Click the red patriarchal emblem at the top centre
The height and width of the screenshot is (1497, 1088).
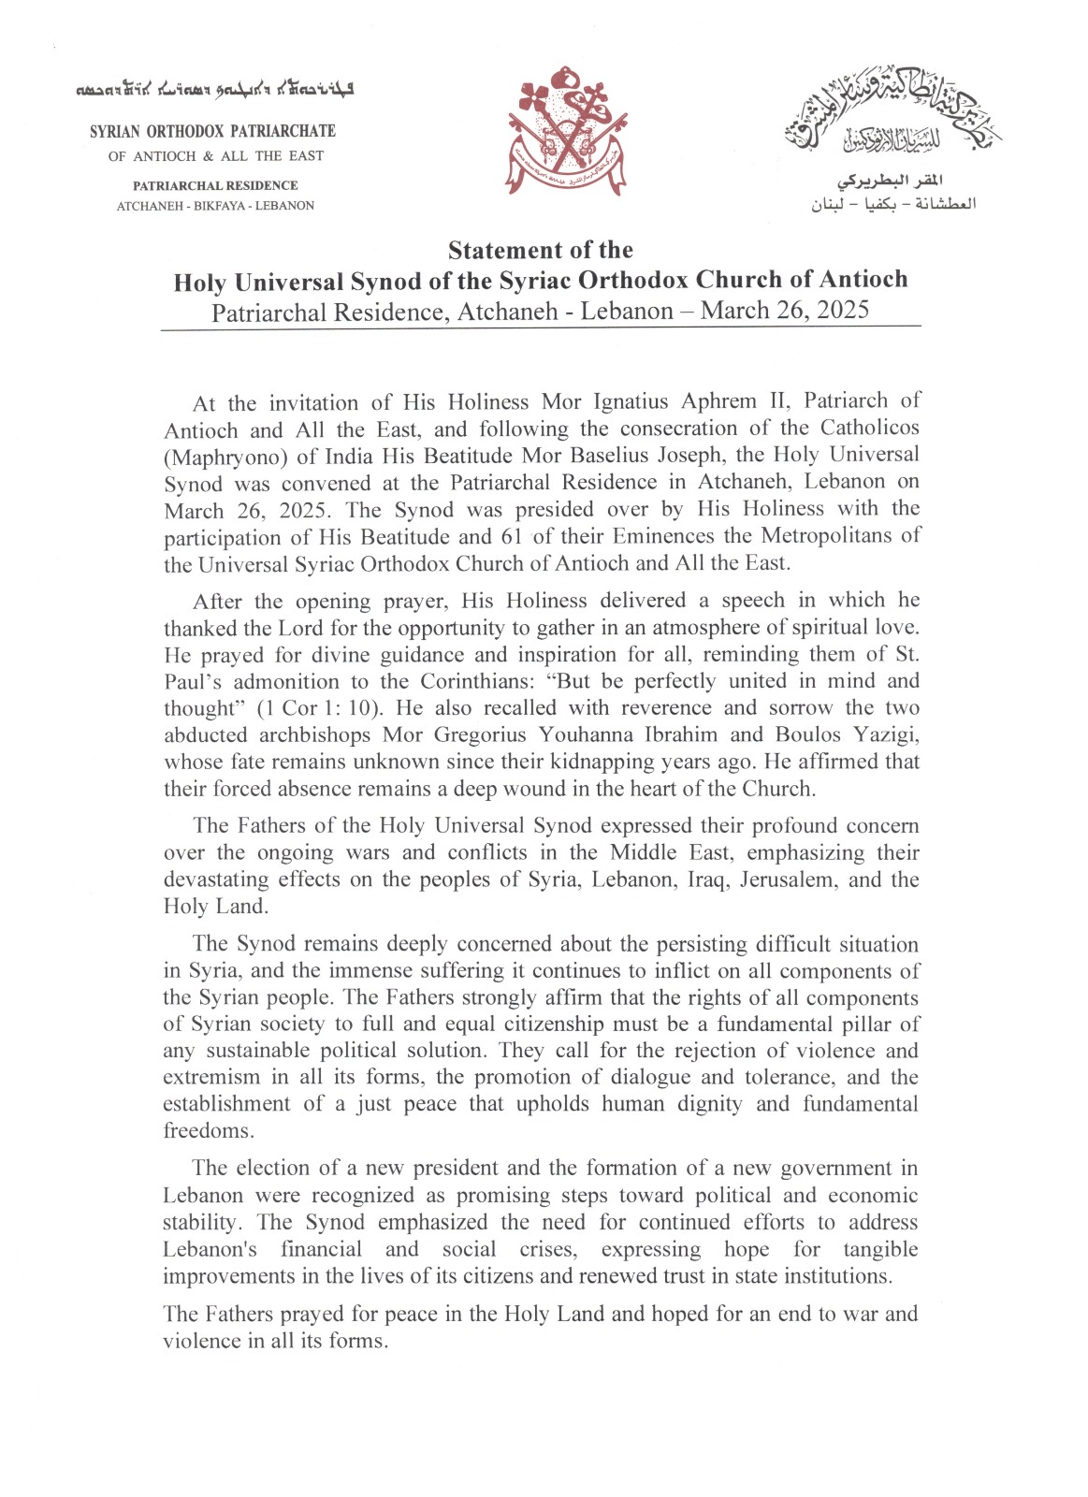[x=567, y=132]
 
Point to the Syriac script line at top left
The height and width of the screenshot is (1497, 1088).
[x=213, y=92]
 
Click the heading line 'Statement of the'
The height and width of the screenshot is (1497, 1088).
[x=541, y=251]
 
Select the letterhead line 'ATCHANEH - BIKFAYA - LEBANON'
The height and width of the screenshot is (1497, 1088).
[x=215, y=206]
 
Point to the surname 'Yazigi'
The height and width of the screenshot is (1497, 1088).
[x=886, y=734]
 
